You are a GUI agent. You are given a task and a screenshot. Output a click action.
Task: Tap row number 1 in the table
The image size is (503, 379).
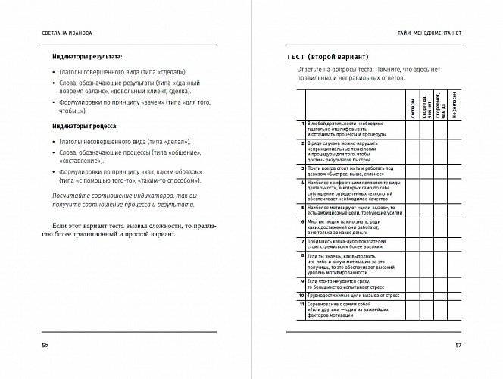[x=302, y=123]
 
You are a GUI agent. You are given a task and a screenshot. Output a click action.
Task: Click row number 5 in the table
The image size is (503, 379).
[x=302, y=206]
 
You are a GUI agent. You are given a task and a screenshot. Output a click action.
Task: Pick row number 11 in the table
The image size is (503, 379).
[x=301, y=305]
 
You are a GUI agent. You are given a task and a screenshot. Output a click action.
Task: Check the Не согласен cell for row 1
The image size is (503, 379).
[x=455, y=129]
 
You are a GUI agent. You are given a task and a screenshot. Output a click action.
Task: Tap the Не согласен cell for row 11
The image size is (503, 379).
[x=455, y=311]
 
